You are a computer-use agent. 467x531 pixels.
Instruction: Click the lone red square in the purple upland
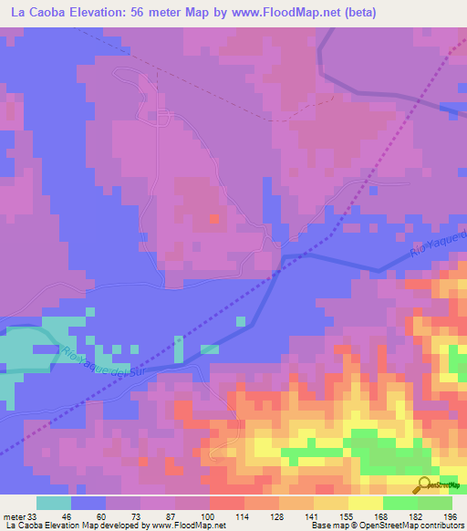[213, 219]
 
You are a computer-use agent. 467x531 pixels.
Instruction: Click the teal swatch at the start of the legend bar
[54, 504]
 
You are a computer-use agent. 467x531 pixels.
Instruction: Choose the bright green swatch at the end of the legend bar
[435, 504]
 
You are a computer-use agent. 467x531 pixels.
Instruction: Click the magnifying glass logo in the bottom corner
[425, 484]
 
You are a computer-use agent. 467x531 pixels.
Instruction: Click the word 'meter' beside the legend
[14, 517]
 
